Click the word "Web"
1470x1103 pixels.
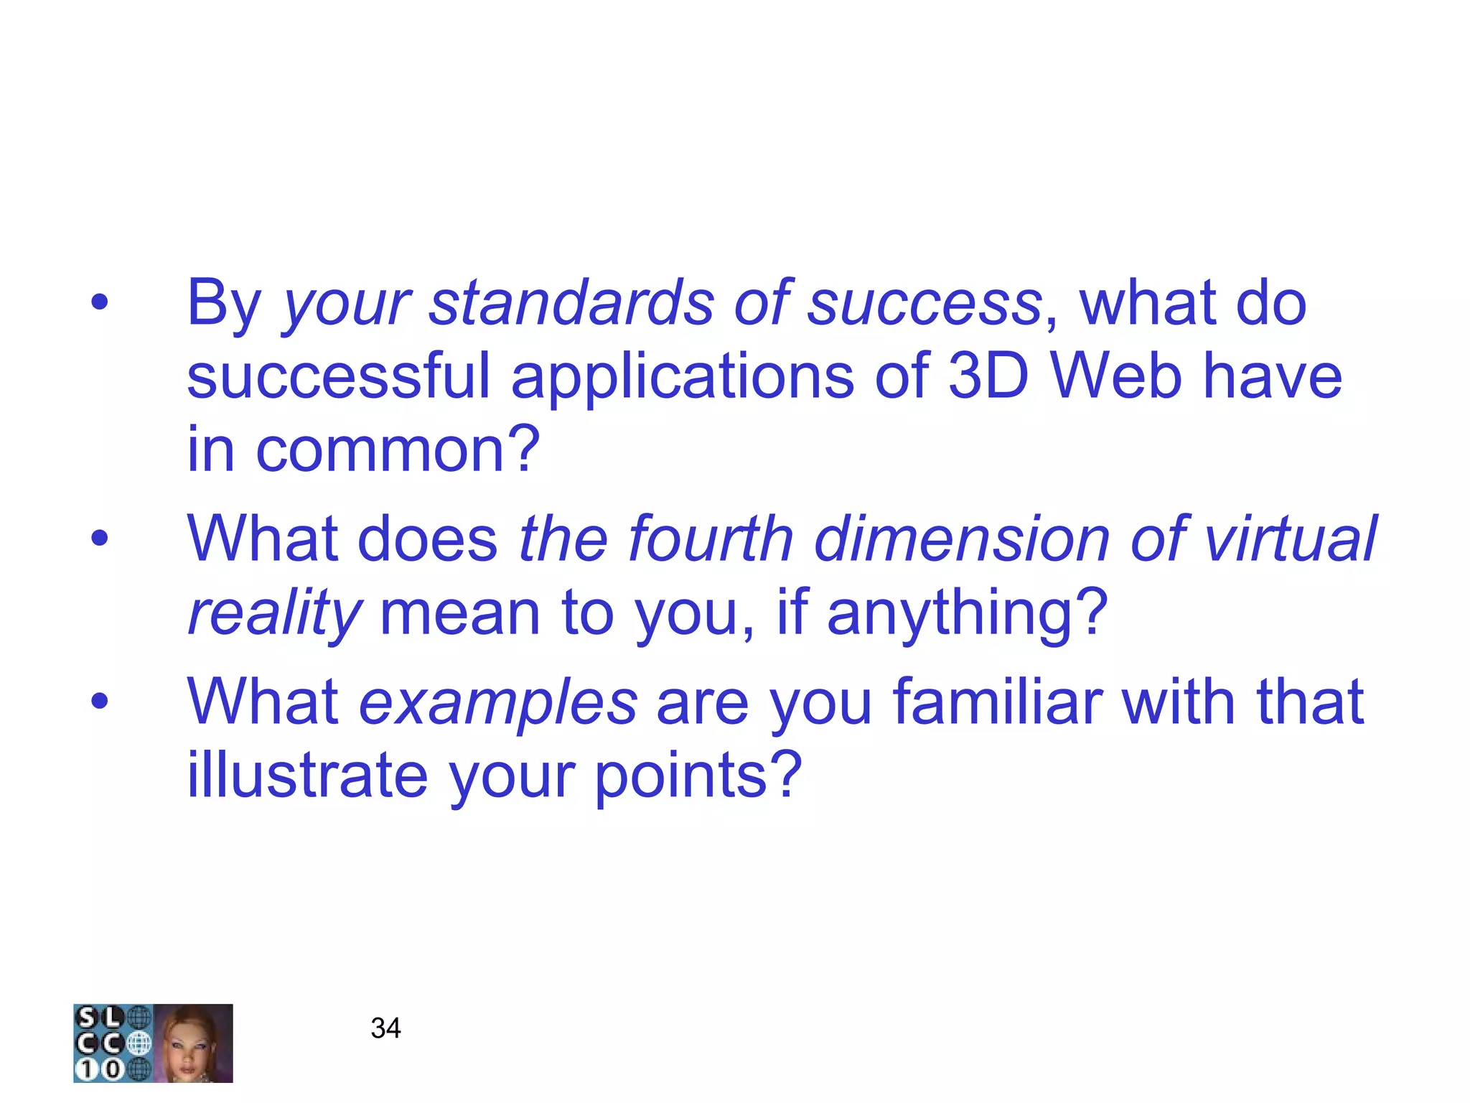pyautogui.click(x=1117, y=377)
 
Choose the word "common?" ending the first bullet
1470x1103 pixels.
pyautogui.click(x=398, y=451)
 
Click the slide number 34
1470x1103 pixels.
pyautogui.click(x=385, y=1028)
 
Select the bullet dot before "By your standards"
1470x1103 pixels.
pyautogui.click(x=100, y=302)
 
